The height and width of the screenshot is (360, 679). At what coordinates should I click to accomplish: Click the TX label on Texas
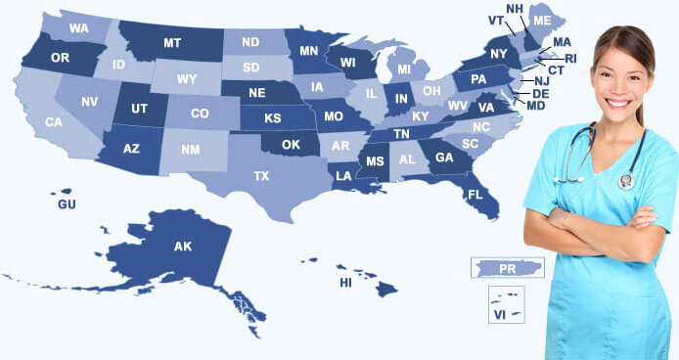[x=261, y=176]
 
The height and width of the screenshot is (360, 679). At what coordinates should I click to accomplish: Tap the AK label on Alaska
[x=183, y=247]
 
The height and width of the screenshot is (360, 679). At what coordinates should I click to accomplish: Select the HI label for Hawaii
[x=345, y=283]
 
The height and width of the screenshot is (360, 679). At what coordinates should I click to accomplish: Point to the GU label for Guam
[x=67, y=203]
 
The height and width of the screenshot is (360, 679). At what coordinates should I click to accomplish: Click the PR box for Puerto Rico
[x=506, y=266]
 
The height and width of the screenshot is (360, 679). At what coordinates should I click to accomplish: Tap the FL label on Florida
[x=475, y=194]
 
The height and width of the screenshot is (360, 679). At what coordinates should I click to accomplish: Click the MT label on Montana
[x=172, y=43]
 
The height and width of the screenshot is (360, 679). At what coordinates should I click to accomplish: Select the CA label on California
[x=54, y=122]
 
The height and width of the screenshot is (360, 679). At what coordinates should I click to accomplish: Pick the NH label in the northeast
[x=515, y=10]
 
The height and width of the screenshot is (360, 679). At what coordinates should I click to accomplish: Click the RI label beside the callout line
[x=571, y=59]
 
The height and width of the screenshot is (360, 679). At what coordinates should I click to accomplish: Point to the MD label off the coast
[x=536, y=105]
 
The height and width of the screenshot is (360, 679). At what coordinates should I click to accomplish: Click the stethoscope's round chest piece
[x=626, y=180]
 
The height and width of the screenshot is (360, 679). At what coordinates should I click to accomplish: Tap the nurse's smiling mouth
[x=618, y=101]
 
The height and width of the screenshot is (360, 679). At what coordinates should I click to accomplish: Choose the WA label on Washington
[x=79, y=28]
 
